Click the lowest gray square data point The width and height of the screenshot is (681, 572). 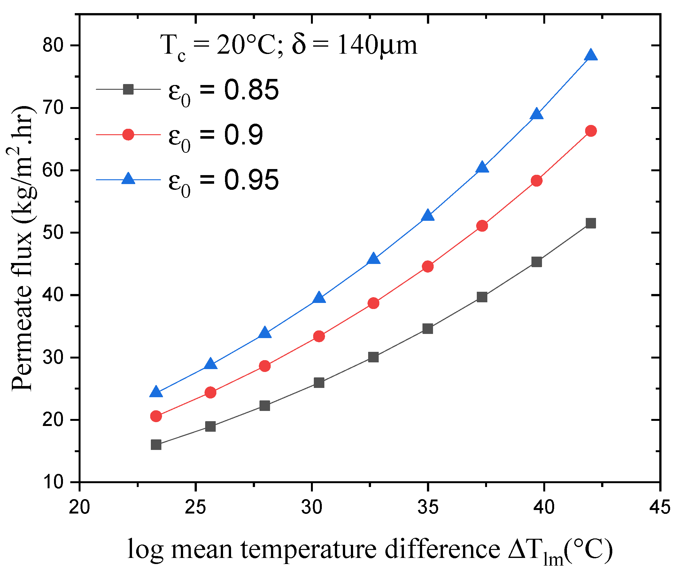(156, 444)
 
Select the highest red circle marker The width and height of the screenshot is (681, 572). (591, 131)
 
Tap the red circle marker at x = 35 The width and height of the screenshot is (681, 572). (428, 266)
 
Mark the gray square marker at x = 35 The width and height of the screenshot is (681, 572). (428, 329)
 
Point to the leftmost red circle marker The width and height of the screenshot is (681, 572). (156, 416)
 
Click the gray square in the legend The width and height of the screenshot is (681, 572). (128, 89)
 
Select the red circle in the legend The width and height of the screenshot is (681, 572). (128, 134)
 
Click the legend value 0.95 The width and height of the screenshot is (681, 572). (251, 180)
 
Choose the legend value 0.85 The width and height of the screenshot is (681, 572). (251, 90)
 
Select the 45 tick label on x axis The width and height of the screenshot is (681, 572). (660, 506)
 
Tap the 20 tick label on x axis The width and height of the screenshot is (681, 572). (79, 506)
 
